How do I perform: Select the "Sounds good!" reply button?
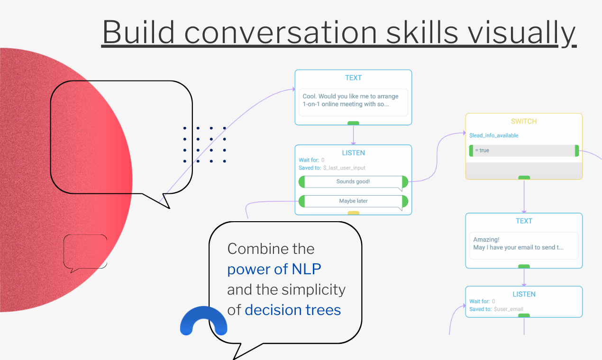tap(353, 181)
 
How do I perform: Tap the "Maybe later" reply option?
tap(353, 201)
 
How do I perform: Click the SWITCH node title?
tap(524, 121)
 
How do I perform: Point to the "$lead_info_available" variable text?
tap(493, 135)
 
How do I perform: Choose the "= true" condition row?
tap(524, 151)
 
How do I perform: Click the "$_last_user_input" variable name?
tap(344, 168)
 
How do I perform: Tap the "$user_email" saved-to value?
tap(508, 309)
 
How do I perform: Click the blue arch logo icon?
tap(203, 322)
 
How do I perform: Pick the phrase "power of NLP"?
tap(274, 269)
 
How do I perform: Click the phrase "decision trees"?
tap(292, 310)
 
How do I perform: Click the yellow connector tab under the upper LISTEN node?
tap(353, 213)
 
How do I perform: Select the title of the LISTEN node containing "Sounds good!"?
tap(353, 153)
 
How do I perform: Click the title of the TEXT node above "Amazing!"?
tap(524, 221)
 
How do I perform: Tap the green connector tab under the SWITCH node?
tap(524, 178)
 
